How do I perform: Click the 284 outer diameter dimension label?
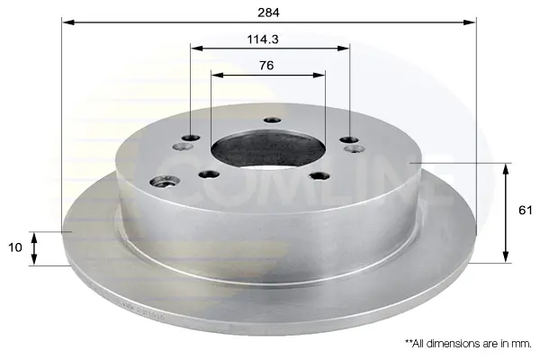point(268,13)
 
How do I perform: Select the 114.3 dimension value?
point(263,40)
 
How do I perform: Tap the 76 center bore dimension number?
point(266,65)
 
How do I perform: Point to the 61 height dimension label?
point(526,210)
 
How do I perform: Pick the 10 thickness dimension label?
point(14,247)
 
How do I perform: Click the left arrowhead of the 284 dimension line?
point(68,22)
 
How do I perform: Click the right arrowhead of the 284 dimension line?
point(470,22)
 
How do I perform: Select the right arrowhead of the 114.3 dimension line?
point(344,49)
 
